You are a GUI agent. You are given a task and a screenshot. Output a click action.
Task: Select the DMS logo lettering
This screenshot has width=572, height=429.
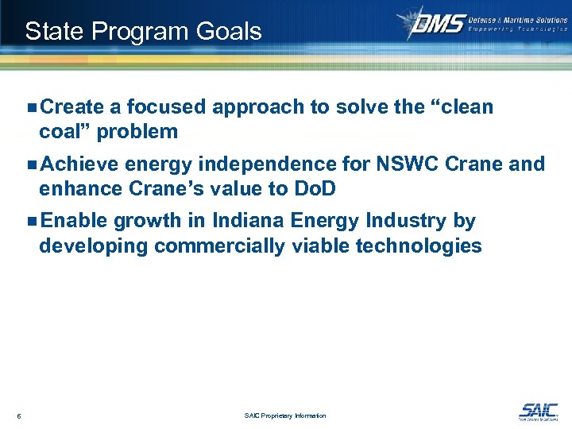click(x=438, y=24)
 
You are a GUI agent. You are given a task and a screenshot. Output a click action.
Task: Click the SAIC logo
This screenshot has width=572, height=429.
click(x=538, y=411)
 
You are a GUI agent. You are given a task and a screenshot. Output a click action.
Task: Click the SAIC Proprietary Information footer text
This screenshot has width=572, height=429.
click(x=286, y=415)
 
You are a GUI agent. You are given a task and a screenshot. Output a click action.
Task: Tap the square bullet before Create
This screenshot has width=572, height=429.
click(x=31, y=107)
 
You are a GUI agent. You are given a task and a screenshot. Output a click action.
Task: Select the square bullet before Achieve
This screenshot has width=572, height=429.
click(x=31, y=164)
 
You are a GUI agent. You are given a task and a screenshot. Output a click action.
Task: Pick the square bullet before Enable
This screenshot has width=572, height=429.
click(x=31, y=222)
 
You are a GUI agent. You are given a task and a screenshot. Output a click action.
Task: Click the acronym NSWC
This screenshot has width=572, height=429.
click(x=376, y=164)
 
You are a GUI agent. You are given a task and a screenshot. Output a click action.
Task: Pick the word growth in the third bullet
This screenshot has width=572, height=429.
click(x=153, y=222)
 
